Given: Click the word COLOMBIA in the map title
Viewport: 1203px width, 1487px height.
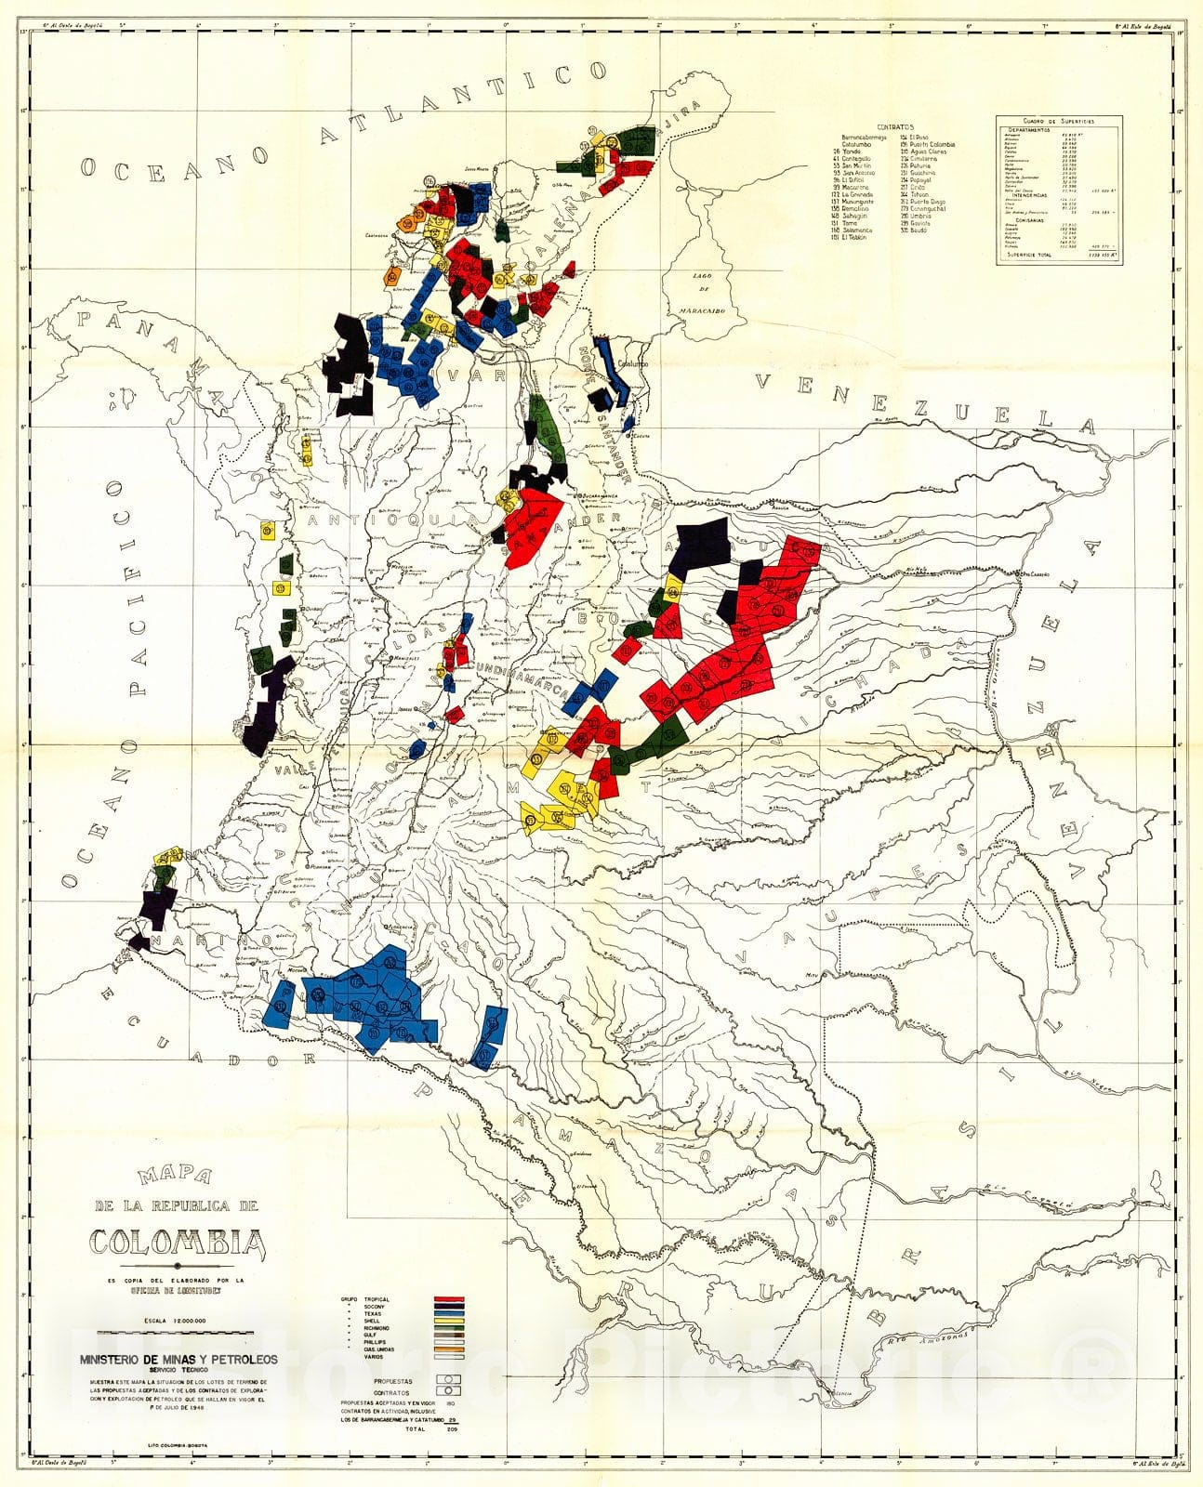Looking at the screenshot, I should (x=177, y=1242).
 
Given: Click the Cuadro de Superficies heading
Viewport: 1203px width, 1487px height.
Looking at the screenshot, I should (x=1059, y=121).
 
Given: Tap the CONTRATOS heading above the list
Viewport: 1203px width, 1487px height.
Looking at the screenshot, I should (x=895, y=127).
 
